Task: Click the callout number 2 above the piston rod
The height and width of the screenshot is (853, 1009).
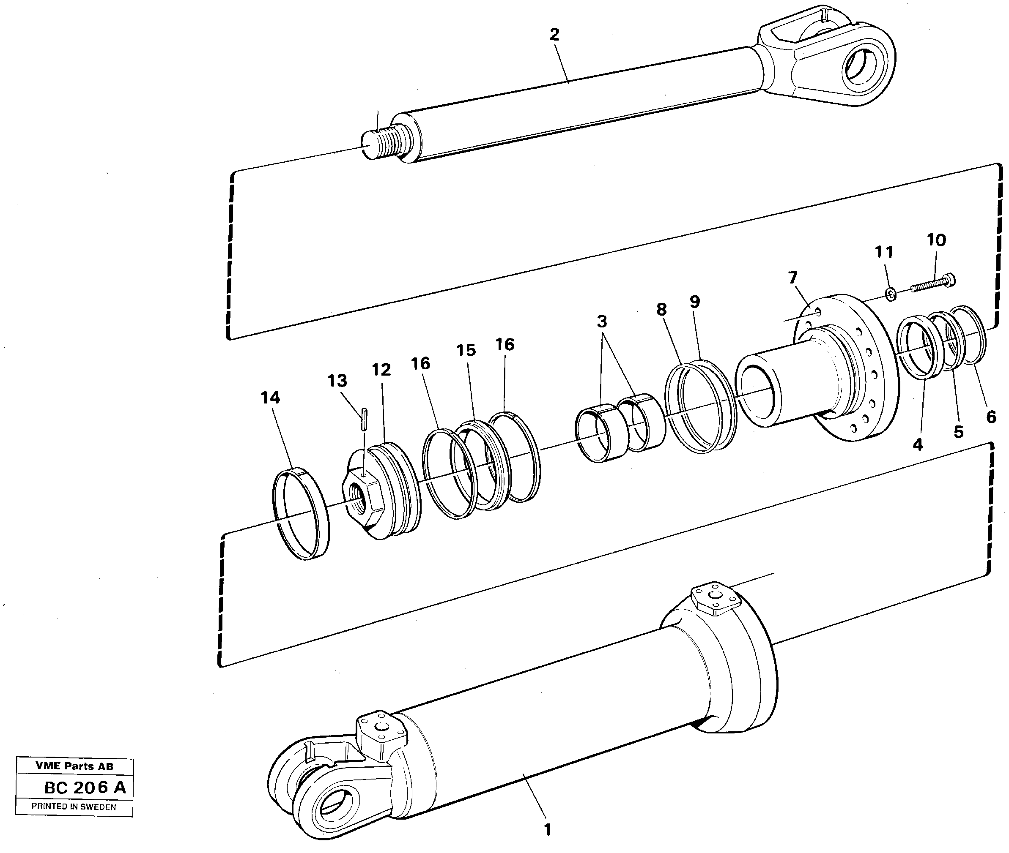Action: pyautogui.click(x=554, y=34)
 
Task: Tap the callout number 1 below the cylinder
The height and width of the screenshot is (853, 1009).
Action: pyautogui.click(x=547, y=830)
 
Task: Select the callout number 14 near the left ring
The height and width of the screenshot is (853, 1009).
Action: pyautogui.click(x=270, y=398)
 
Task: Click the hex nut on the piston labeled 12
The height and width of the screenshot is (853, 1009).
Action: pyautogui.click(x=363, y=503)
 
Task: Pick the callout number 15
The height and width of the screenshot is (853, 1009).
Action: pyautogui.click(x=466, y=350)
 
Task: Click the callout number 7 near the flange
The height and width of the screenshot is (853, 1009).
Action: pyautogui.click(x=792, y=278)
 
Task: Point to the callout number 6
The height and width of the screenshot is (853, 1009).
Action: pyautogui.click(x=991, y=417)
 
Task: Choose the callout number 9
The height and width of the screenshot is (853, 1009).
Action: pyautogui.click(x=694, y=302)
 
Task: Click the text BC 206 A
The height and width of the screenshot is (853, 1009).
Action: pyautogui.click(x=85, y=788)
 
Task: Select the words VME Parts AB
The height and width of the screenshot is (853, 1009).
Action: pyautogui.click(x=74, y=766)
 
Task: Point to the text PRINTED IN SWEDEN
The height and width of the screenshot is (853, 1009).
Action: pyautogui.click(x=74, y=807)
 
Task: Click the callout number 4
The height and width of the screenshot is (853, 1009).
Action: pyautogui.click(x=918, y=444)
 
